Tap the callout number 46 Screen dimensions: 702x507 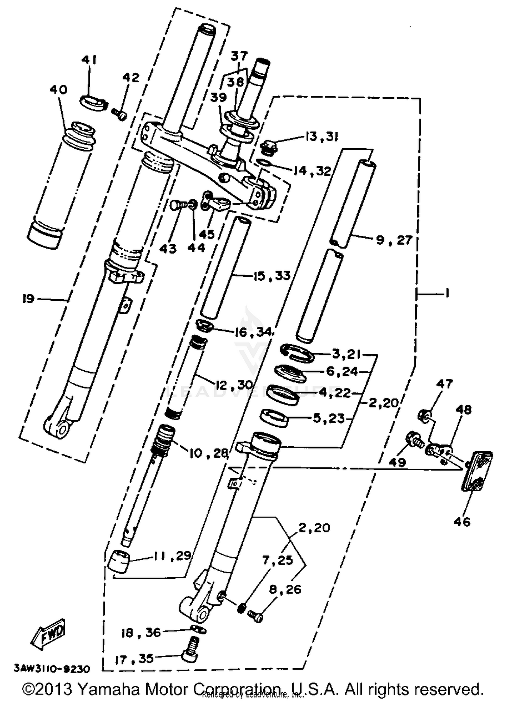pyautogui.click(x=462, y=522)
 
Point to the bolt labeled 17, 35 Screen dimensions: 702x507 pyautogui.click(x=190, y=649)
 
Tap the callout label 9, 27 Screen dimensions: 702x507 pyautogui.click(x=394, y=240)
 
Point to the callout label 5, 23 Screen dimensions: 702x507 pyautogui.click(x=329, y=419)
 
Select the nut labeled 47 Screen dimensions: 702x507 pyautogui.click(x=424, y=414)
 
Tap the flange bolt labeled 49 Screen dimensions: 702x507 pyautogui.click(x=413, y=440)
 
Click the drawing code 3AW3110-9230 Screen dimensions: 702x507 pyautogui.click(x=52, y=669)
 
